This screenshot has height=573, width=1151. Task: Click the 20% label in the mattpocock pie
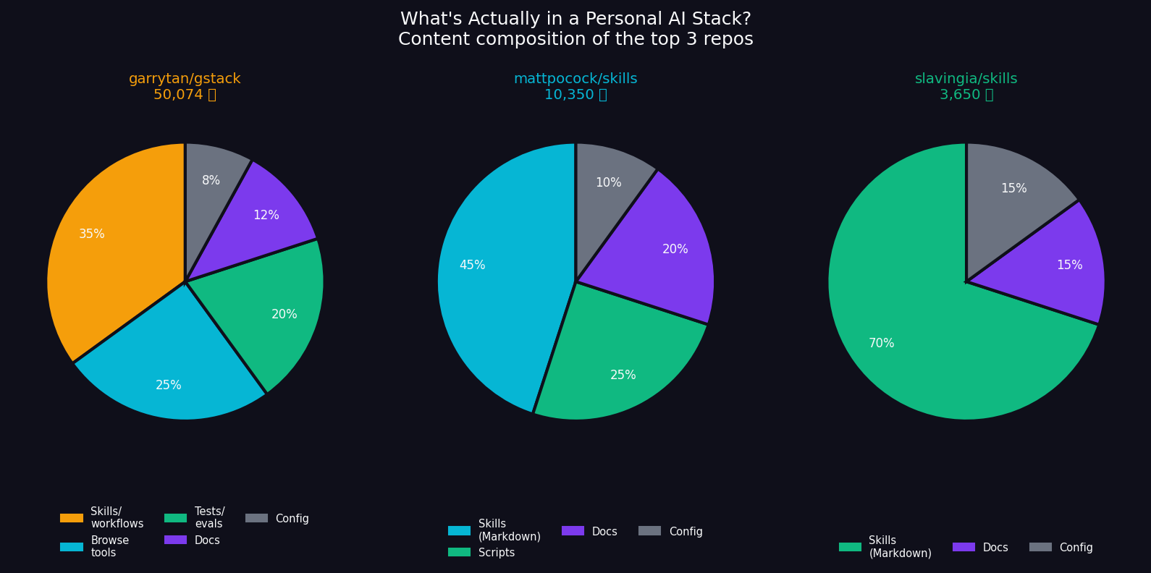point(675,250)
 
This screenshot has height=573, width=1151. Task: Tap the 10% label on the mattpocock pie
point(608,183)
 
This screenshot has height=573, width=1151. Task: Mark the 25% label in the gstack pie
point(169,386)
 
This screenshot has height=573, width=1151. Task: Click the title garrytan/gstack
point(185,79)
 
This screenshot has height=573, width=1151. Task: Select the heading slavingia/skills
point(966,79)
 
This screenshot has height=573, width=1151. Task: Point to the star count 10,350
point(569,95)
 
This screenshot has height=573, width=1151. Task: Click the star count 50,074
point(178,95)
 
